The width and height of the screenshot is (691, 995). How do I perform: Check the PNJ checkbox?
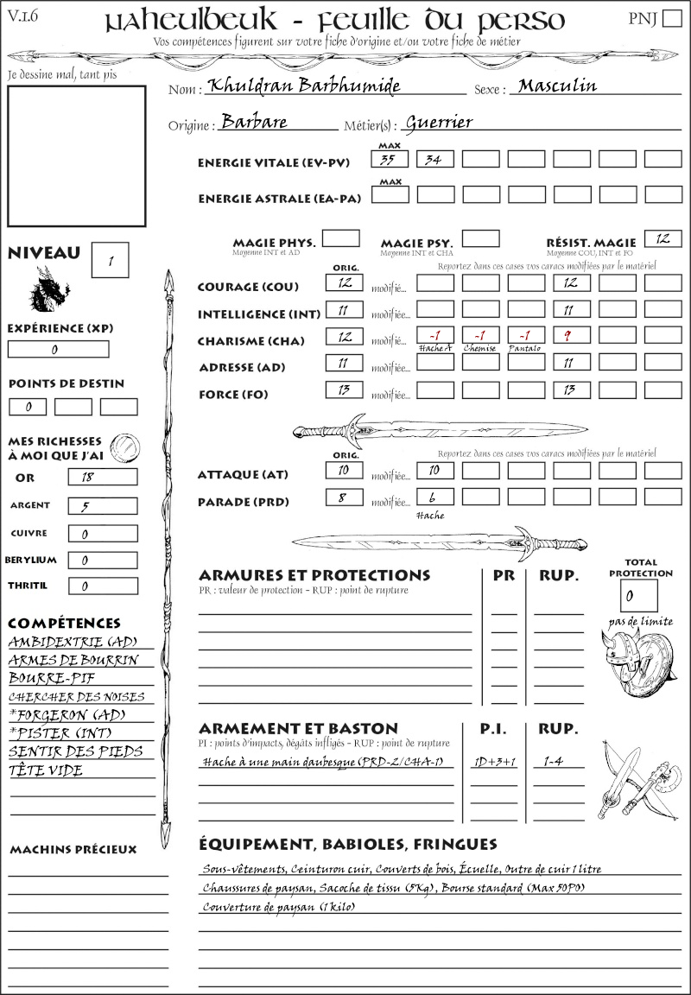(670, 19)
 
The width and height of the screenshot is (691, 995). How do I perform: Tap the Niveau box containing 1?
(111, 260)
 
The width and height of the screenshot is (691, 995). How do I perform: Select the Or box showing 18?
(102, 477)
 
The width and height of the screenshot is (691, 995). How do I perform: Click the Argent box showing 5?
(102, 506)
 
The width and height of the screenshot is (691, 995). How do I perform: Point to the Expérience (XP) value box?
(59, 349)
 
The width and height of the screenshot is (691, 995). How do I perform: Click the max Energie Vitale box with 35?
(390, 159)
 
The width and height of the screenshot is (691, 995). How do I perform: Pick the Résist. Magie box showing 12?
(662, 238)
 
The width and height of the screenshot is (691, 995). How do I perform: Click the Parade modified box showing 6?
(435, 497)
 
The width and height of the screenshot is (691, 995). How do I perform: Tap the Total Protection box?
(638, 595)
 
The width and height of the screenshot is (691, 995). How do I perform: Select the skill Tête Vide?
(46, 770)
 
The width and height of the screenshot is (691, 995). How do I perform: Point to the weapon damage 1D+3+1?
(495, 762)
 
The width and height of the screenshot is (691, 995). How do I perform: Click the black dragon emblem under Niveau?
(48, 288)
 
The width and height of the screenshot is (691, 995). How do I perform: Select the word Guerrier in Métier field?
(439, 123)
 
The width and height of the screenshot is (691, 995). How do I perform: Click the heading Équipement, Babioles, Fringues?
(348, 843)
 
